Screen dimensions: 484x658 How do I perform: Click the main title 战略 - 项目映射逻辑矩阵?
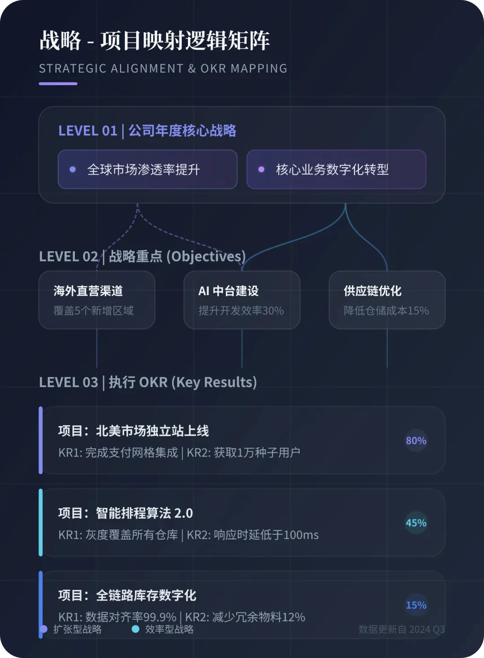coord(155,41)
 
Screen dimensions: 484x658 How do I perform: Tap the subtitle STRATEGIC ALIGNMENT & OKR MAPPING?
coord(163,69)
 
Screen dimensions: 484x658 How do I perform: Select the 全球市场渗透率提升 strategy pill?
coord(147,169)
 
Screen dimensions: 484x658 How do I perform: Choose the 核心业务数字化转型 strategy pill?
coord(336,169)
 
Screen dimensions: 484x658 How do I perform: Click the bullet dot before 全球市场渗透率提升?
coord(73,170)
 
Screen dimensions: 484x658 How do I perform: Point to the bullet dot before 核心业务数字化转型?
coord(261,170)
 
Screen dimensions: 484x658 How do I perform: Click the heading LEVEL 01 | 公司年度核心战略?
coord(147,131)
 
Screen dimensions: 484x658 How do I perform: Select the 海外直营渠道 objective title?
coord(88,291)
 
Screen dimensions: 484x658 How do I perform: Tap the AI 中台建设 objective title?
coord(229,291)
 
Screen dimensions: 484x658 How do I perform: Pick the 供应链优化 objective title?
coord(372,291)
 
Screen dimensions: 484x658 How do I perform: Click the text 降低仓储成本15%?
coord(386,310)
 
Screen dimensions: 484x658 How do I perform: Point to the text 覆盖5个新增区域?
coord(94,310)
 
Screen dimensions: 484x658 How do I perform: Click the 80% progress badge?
coord(416,441)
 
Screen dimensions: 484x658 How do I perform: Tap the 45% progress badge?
coord(416,523)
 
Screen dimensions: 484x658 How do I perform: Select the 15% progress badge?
coord(416,605)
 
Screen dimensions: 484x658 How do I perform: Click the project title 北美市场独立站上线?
coord(134,431)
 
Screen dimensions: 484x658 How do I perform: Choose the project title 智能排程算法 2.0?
coord(125,513)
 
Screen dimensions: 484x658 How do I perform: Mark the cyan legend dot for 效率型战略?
coord(135,629)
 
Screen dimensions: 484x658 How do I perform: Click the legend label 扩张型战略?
coord(78,629)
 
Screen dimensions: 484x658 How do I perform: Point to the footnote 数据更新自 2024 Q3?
coord(402,629)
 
